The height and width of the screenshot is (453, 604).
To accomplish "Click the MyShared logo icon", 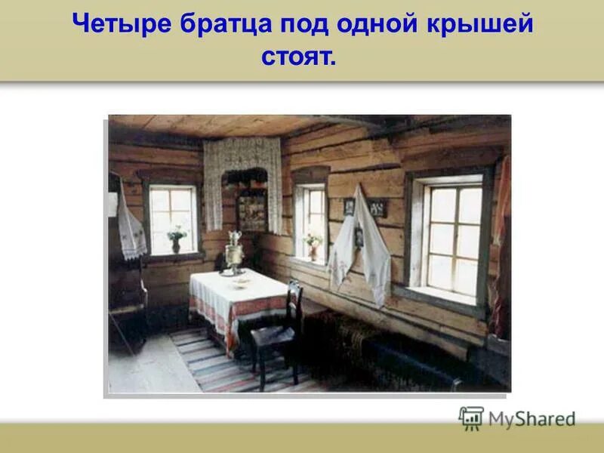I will pyautogui.click(x=471, y=418).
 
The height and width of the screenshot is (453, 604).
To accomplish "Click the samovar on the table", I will pyautogui.click(x=235, y=253).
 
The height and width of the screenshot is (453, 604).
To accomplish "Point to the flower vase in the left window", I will pyautogui.click(x=176, y=239).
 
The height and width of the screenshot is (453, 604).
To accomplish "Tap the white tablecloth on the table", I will pyautogui.click(x=238, y=298).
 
